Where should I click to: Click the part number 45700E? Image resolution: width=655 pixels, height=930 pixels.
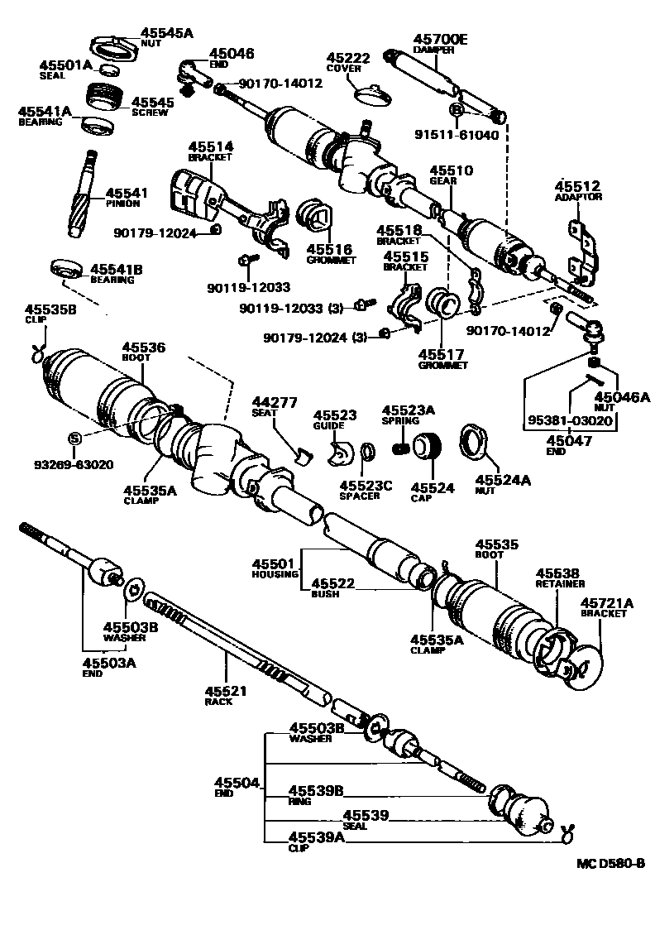click(x=441, y=39)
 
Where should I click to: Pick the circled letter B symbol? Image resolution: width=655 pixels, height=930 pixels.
click(x=455, y=109)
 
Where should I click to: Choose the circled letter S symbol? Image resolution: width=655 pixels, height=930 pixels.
click(x=74, y=439)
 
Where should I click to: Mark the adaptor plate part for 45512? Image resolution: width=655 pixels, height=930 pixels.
click(x=584, y=241)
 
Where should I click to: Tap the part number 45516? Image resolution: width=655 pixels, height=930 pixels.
click(x=329, y=249)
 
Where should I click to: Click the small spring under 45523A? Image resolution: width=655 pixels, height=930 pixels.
click(x=399, y=448)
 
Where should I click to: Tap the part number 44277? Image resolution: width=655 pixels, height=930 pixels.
click(x=274, y=402)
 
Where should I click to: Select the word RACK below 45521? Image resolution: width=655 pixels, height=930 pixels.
click(x=218, y=702)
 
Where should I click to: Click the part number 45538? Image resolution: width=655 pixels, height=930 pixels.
click(x=557, y=573)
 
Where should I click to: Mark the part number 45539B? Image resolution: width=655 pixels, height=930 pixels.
click(x=315, y=791)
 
